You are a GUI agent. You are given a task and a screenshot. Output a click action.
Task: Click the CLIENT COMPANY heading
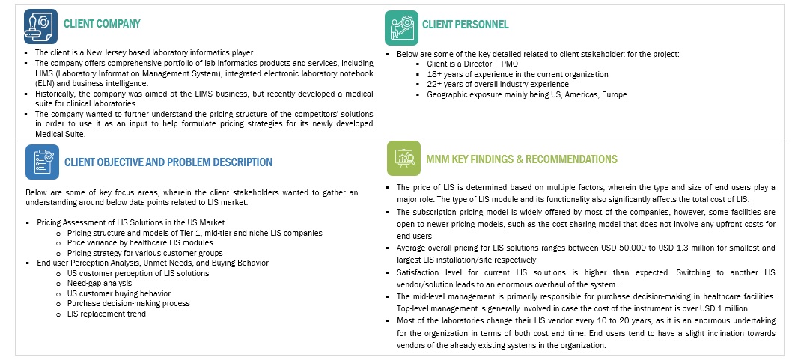click(102, 24)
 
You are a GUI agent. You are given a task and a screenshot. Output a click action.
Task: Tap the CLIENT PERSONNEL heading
click(465, 25)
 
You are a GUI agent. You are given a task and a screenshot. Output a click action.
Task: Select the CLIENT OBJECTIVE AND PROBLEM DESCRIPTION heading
click(168, 162)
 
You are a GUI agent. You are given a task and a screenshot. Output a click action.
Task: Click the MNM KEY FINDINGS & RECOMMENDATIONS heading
click(521, 159)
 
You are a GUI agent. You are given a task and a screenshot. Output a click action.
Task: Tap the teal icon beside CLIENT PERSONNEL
click(401, 28)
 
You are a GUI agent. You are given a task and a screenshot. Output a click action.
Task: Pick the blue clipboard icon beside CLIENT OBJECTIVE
click(42, 162)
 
